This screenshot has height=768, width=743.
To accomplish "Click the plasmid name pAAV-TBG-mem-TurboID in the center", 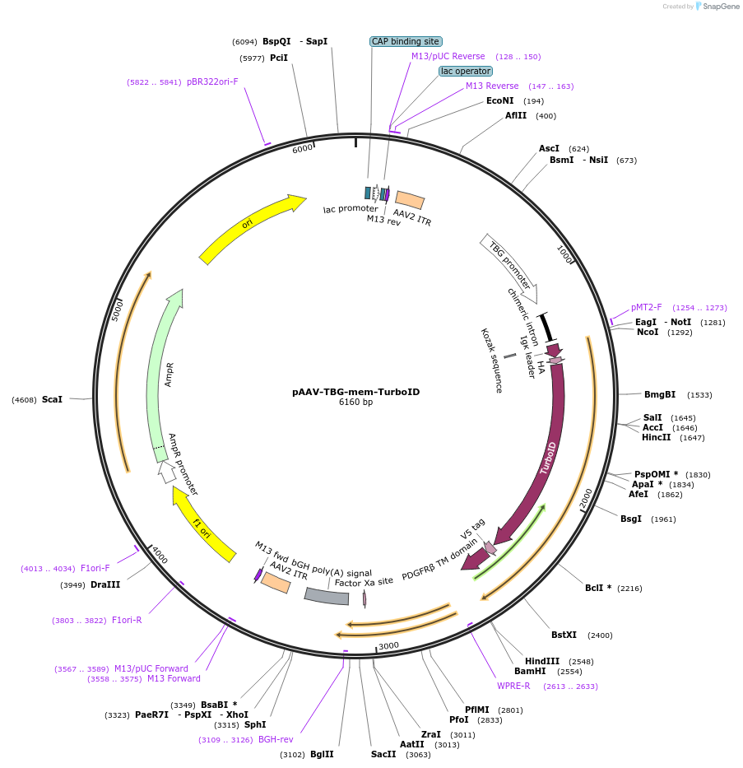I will (355, 392).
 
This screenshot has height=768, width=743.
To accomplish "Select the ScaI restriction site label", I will (52, 399).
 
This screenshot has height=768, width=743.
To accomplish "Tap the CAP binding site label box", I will (406, 41).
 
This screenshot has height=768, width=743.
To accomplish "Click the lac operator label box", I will (466, 72).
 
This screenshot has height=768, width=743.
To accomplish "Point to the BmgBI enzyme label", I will (659, 395).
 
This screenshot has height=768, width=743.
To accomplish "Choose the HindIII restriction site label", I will (542, 661).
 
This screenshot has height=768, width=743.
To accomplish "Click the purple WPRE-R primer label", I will (513, 686).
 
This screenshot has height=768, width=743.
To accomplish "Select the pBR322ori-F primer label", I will (212, 82).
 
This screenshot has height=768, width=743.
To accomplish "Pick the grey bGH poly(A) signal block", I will (327, 596).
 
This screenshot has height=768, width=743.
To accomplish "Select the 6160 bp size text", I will (355, 403).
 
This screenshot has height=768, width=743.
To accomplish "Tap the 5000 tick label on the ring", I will (118, 310).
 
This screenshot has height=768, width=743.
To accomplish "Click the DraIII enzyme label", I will (105, 585).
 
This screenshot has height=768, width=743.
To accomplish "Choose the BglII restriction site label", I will (322, 754).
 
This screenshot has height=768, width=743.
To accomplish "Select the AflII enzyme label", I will (516, 116).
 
